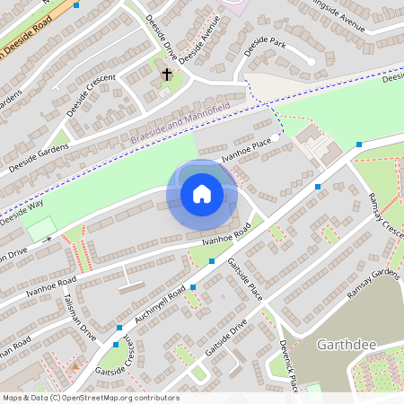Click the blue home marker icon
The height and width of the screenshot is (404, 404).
click(x=202, y=193)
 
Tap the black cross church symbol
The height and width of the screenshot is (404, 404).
click(x=167, y=75)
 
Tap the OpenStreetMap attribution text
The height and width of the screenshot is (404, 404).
click(x=90, y=398)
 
